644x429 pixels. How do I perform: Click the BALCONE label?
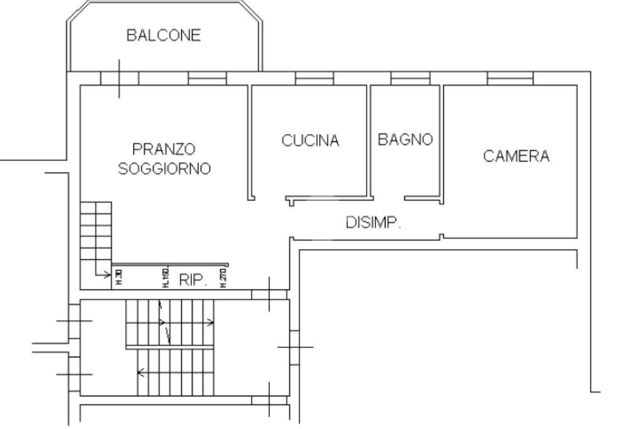(x=164, y=35)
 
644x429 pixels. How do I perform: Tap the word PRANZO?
(x=164, y=150)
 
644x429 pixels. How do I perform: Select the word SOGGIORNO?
(x=164, y=169)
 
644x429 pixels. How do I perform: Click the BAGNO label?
(x=405, y=140)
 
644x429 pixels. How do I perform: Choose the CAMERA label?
(x=516, y=156)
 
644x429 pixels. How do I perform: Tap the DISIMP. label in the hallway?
(x=374, y=222)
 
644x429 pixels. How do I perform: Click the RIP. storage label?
(x=193, y=281)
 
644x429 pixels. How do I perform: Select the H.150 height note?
(x=165, y=277)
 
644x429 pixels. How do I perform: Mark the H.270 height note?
(x=223, y=277)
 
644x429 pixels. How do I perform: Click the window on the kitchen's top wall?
(x=314, y=78)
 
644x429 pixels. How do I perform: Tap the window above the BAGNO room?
(x=410, y=78)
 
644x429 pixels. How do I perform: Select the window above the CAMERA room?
(x=510, y=78)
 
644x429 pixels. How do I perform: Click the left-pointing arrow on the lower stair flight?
(x=141, y=372)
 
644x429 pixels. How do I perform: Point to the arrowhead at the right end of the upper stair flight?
(x=211, y=323)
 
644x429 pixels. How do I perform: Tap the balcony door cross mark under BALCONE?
(x=119, y=78)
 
